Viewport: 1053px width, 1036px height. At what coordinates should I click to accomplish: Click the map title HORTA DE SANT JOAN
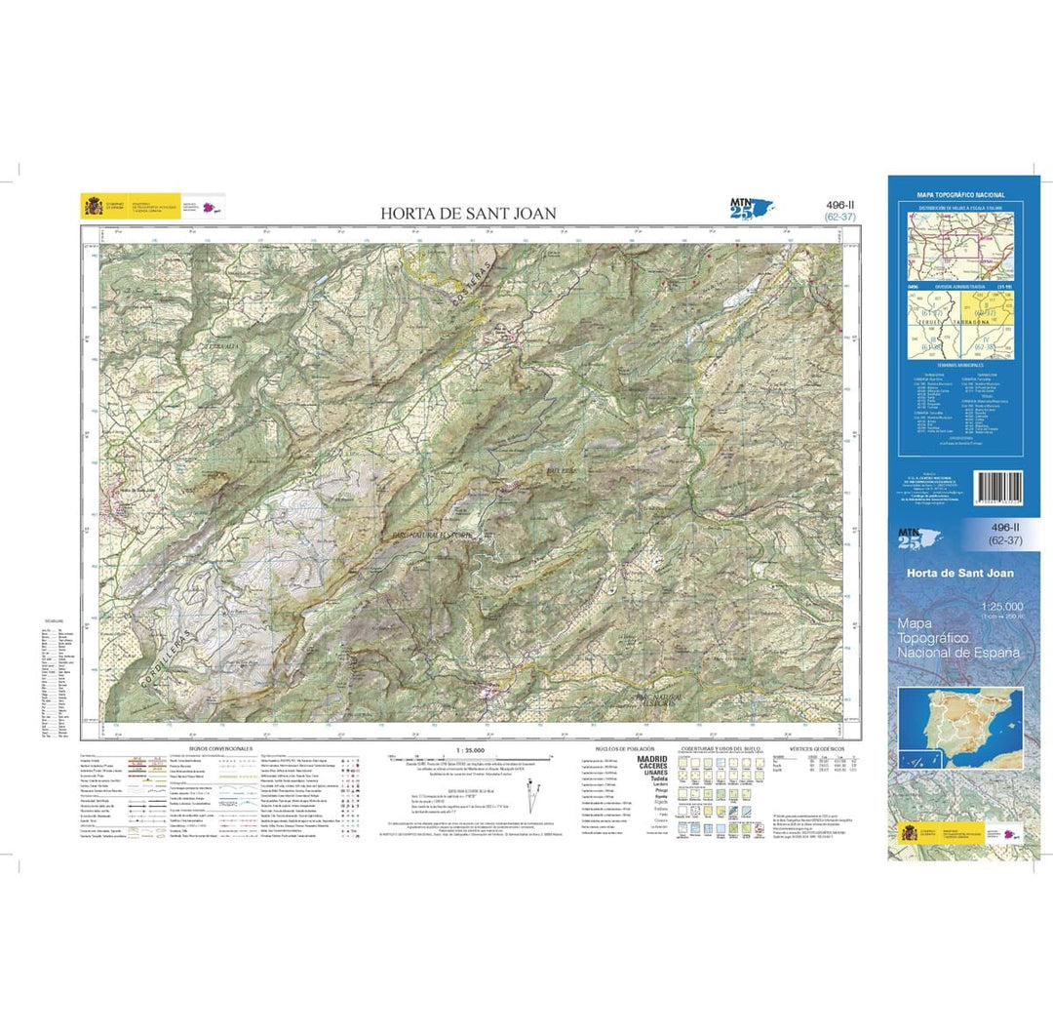coord(468,213)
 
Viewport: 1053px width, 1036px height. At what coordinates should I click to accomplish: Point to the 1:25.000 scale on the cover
coord(994,610)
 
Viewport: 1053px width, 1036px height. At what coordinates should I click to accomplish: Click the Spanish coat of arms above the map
coord(93,207)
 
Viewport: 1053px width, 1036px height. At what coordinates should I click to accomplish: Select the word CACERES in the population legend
coord(652,767)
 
